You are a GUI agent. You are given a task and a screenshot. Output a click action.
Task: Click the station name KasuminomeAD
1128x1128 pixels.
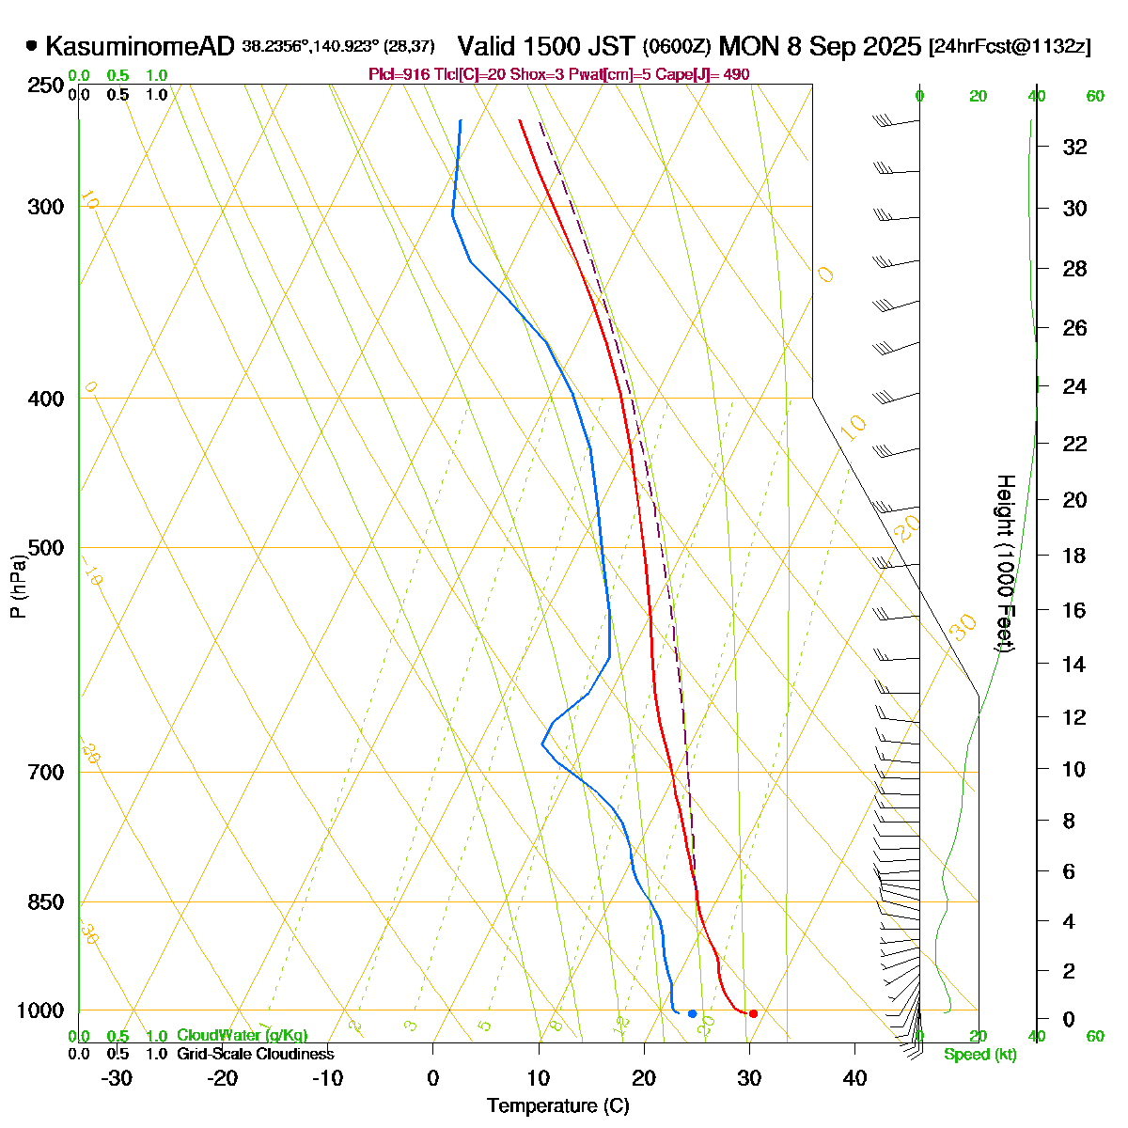139,46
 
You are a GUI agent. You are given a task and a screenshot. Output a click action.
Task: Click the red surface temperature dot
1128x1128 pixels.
753,1013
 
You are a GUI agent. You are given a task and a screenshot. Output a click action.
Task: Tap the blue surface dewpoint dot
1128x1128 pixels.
692,1013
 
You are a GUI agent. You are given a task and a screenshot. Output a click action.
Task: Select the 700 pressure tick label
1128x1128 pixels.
46,773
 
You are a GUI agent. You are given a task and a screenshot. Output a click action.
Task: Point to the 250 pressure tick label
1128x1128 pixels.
46,86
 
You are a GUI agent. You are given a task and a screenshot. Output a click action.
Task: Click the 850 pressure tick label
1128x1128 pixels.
46,902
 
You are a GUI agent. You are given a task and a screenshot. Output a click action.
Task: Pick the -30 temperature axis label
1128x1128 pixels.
117,1078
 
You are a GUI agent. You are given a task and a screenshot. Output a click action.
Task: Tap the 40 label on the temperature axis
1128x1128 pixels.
854,1078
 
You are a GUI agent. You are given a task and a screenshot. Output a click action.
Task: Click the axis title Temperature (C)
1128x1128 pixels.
557,1106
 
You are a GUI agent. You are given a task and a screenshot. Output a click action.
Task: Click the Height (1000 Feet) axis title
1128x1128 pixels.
1004,564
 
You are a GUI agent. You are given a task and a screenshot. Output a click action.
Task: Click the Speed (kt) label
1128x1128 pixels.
980,1055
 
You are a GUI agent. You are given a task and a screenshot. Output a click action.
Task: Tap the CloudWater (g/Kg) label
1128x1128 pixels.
242,1036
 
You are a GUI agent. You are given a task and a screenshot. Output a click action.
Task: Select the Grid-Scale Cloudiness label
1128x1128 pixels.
255,1055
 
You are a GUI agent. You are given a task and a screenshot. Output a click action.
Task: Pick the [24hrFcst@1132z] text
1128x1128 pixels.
1010,47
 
